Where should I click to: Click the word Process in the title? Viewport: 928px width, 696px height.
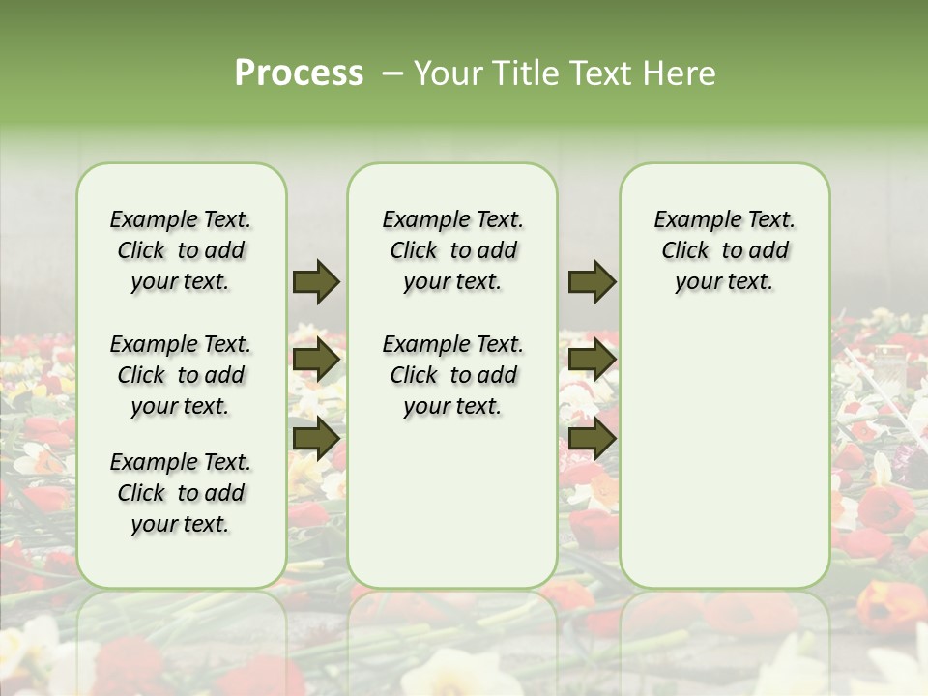pos(299,73)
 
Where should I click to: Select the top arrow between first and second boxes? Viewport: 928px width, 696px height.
pos(316,281)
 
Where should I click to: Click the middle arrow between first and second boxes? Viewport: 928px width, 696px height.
pos(316,360)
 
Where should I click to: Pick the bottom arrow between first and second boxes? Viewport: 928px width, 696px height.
pos(316,438)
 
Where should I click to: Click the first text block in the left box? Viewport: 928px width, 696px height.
pos(181,250)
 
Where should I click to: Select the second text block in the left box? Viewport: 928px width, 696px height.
pos(181,375)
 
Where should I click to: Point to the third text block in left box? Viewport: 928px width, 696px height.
pos(181,493)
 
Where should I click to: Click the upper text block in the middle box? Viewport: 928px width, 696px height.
pos(452,250)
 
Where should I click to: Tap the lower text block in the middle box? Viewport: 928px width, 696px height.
pos(452,375)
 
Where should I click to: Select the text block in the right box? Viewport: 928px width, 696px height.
pos(724,250)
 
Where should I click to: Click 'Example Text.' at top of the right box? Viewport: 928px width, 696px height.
pos(724,219)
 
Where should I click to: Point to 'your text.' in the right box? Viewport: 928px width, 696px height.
pos(724,282)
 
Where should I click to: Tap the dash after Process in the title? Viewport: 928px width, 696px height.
pos(391,73)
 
